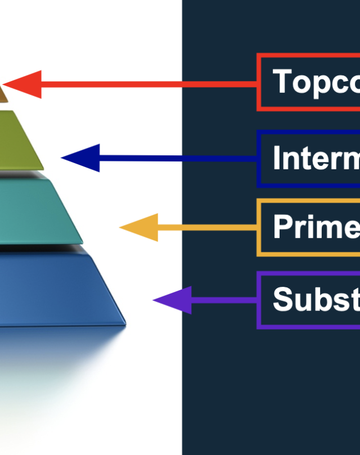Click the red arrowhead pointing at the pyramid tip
point(25,85)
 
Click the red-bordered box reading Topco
point(309,82)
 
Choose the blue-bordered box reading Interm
point(309,159)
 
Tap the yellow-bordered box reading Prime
point(309,227)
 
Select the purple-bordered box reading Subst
point(309,300)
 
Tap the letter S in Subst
point(283,299)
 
